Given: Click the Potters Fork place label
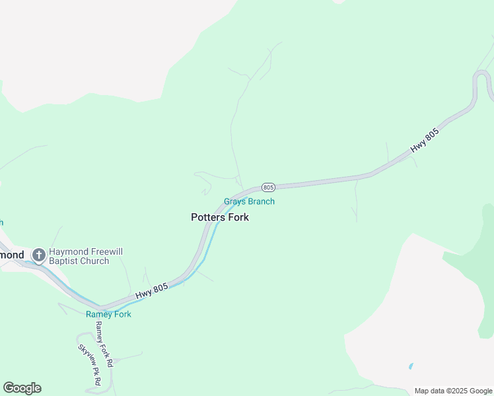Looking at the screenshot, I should click(x=220, y=217).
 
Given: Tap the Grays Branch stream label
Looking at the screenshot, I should click(x=249, y=202).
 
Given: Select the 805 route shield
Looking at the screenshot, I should click(x=268, y=187).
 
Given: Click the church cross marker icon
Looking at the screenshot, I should click(x=39, y=255).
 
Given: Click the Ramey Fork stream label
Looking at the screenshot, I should click(x=108, y=314).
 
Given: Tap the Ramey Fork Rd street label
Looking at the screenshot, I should click(x=104, y=344).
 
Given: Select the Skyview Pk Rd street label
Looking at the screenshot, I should click(x=89, y=365).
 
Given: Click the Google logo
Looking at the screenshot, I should click(x=22, y=388).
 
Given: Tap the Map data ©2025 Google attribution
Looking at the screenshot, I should click(x=453, y=391).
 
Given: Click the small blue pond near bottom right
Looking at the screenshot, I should click(x=411, y=366).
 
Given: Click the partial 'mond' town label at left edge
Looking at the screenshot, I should click(x=11, y=255).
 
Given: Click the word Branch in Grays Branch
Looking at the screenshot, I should click(x=261, y=202).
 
